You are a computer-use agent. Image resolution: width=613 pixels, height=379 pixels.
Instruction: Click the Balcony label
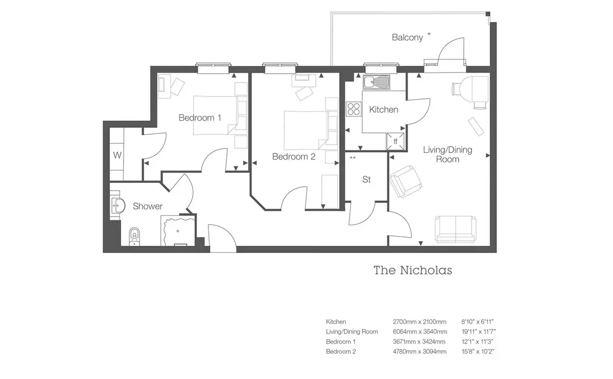coord(407,37)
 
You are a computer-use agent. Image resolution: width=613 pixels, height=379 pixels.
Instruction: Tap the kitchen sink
coord(376,82)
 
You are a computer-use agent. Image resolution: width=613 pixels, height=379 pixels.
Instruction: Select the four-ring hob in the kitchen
coord(353,109)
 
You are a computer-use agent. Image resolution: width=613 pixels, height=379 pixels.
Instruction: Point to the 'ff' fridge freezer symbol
coord(395,141)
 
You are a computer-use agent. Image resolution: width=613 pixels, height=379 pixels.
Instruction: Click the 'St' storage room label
coord(366,179)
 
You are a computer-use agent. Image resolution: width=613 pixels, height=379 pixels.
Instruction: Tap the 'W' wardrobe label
coord(117,155)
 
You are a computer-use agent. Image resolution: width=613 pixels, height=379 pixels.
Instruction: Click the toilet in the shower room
coord(134,236)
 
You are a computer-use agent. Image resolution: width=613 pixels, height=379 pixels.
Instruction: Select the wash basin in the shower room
coord(118,205)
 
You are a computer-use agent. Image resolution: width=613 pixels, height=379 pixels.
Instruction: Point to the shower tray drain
coord(178,231)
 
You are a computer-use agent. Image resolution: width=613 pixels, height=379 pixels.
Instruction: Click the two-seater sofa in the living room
coord(455,229)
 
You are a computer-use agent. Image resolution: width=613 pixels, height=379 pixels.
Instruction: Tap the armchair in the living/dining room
coord(405,181)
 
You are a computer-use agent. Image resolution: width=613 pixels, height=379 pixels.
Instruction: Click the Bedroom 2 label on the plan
coord(294,156)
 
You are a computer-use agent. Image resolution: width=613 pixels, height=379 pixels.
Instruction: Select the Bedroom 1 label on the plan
coord(200,117)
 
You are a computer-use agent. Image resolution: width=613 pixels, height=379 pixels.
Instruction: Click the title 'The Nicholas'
coord(413,270)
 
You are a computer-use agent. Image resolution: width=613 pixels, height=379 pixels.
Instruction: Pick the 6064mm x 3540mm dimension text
coord(420,331)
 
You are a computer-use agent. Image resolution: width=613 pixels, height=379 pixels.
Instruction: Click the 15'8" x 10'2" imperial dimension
coord(478,351)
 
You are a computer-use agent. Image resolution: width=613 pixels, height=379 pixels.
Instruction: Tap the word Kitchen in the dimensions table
coord(336,322)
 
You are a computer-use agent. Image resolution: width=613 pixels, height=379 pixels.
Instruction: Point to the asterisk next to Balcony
coord(429,34)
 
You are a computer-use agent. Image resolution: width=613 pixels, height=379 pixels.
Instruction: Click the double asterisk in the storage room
coord(353,158)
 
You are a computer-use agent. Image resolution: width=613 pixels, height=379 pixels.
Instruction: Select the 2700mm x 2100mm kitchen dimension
coord(419,322)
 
